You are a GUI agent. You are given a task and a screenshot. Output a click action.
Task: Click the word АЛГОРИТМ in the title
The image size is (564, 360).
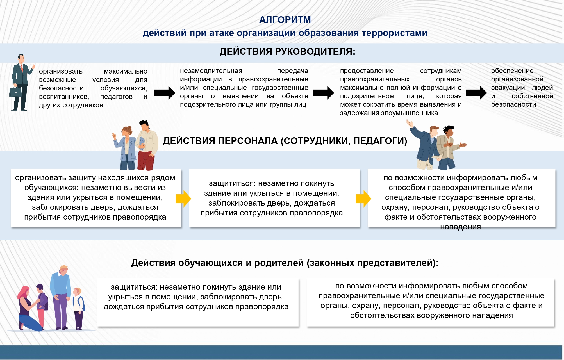(285, 20)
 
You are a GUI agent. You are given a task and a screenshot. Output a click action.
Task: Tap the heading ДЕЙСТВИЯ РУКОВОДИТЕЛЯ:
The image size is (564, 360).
(287, 52)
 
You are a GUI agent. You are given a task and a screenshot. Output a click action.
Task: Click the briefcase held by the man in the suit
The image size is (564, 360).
(15, 92)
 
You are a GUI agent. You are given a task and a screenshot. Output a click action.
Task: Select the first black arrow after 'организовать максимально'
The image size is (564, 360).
(165, 93)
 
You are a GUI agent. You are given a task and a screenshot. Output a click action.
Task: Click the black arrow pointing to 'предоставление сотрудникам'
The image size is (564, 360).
(324, 93)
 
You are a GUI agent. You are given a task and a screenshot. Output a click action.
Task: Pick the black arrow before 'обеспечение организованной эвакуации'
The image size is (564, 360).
(476, 93)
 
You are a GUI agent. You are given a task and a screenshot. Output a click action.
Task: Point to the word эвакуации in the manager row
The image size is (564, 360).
(508, 88)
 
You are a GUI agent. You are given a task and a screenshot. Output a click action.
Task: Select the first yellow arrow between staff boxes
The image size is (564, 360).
(183, 199)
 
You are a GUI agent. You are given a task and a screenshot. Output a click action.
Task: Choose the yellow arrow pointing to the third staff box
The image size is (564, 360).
(363, 199)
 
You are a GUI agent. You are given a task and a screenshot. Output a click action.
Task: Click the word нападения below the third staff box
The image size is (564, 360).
(460, 227)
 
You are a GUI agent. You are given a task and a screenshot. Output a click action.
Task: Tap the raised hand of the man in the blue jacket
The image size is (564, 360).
(410, 124)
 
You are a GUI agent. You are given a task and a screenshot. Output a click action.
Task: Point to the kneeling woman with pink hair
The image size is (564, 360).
(28, 309)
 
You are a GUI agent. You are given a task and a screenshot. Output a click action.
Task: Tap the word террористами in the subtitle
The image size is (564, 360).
(395, 33)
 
